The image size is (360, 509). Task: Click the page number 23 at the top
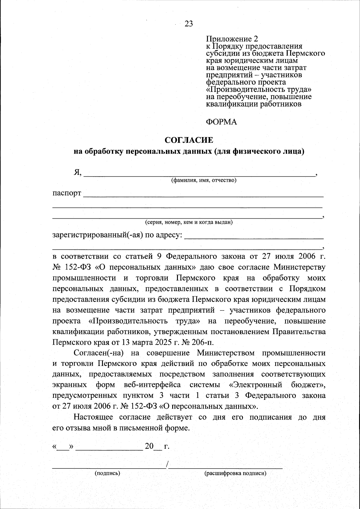point(189,24)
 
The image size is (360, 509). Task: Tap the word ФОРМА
point(221,122)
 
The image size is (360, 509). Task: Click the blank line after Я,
point(199,174)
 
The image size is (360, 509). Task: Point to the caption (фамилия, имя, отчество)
point(204,180)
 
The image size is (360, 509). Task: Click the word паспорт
point(67,193)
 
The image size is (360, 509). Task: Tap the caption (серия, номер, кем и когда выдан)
point(189,222)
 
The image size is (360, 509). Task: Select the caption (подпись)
point(107,474)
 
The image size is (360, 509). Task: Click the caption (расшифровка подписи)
point(235,474)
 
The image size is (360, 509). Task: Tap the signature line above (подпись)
point(109,467)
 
